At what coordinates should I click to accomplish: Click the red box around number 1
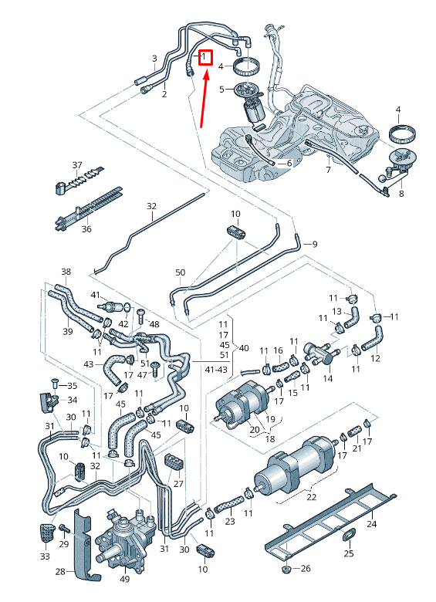click(x=205, y=57)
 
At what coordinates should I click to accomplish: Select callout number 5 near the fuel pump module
click(x=221, y=90)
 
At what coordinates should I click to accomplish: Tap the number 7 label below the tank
click(x=328, y=170)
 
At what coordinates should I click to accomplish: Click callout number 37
click(x=76, y=165)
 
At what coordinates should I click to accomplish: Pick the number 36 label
click(x=86, y=229)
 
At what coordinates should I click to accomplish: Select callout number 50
click(x=181, y=272)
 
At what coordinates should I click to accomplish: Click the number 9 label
click(x=314, y=244)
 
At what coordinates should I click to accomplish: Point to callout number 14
click(x=327, y=380)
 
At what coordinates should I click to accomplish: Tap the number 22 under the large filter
click(x=311, y=496)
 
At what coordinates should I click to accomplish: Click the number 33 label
click(x=44, y=556)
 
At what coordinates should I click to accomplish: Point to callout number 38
click(x=66, y=272)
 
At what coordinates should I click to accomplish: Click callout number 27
click(x=178, y=484)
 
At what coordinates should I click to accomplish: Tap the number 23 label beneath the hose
click(x=229, y=522)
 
